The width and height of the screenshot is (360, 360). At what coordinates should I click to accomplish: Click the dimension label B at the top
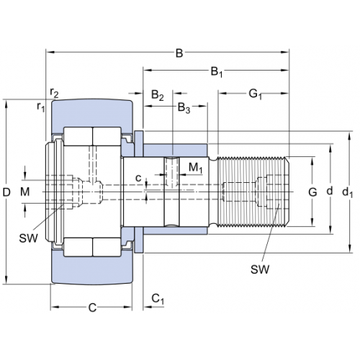[179, 53]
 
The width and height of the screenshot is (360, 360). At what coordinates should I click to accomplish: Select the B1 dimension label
[217, 72]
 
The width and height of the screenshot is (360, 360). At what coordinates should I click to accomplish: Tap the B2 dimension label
[158, 95]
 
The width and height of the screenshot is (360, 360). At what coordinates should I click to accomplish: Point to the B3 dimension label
[184, 108]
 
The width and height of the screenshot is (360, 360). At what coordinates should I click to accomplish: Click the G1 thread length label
[255, 94]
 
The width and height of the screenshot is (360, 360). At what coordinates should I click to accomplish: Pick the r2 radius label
[54, 93]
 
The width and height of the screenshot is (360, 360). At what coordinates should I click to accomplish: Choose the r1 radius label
[41, 107]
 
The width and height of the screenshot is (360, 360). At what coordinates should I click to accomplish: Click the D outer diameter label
[6, 192]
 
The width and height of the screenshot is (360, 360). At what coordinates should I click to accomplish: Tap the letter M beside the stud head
[25, 192]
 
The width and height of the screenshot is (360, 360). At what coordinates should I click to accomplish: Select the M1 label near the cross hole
[196, 168]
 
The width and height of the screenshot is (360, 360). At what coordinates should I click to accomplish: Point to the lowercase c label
[138, 179]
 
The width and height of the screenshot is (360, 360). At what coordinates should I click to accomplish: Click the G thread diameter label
[312, 192]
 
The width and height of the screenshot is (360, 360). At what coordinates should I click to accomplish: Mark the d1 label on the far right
[348, 192]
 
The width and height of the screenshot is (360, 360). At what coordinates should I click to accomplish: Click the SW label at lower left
[29, 238]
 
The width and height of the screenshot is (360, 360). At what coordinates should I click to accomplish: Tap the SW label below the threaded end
[260, 269]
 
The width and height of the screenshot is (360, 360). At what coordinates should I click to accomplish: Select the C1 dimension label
[158, 300]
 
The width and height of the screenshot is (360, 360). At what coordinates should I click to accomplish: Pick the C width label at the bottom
[92, 307]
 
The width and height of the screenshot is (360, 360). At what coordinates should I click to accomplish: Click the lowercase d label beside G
[330, 191]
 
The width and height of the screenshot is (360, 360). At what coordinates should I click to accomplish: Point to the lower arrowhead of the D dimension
[6, 280]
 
